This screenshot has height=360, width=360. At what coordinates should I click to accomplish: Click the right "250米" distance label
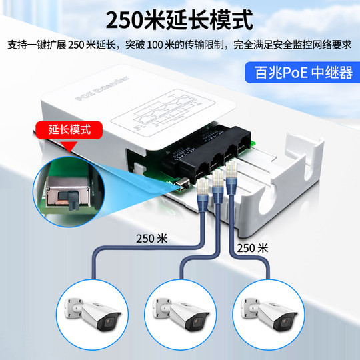(x=253, y=247)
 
